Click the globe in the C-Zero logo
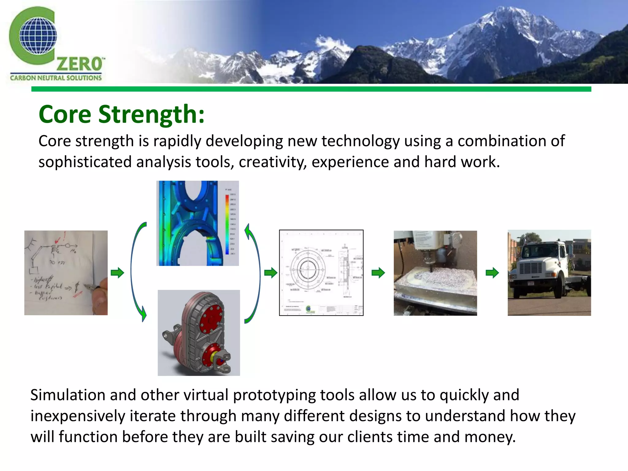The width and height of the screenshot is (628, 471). [x=38, y=36]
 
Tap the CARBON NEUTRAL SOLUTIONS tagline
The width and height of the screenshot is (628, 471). [x=56, y=78]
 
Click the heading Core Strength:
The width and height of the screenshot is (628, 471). [x=121, y=114]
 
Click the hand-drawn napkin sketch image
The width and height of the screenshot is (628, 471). [x=66, y=273]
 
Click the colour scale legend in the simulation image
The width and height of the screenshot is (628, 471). [x=228, y=224]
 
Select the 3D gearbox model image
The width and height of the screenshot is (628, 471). [x=199, y=333]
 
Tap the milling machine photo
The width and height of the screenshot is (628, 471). [x=435, y=273]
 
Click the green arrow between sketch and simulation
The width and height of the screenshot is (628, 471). [x=117, y=272]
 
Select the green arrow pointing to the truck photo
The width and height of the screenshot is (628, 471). [x=492, y=272]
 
